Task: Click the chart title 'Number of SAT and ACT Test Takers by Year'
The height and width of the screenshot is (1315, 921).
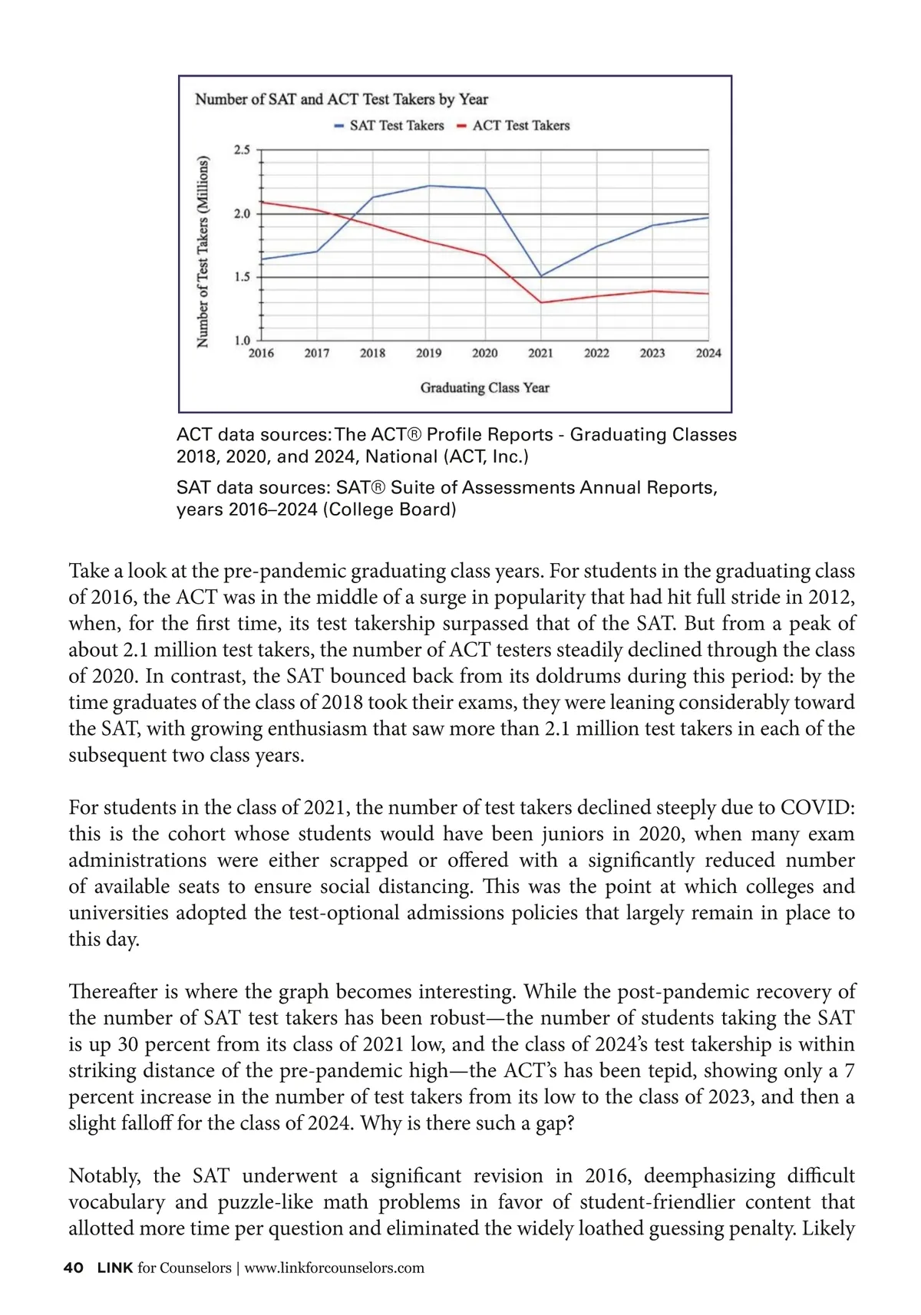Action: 342,100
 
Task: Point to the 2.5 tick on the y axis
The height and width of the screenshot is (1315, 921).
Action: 243,150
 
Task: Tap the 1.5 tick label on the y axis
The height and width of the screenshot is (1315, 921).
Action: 243,277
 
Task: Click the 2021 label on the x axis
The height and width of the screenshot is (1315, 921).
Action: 540,353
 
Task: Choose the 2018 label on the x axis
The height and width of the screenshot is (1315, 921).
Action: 373,353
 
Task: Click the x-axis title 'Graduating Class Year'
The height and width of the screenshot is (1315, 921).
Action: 484,388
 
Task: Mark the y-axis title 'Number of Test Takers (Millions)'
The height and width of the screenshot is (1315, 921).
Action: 203,252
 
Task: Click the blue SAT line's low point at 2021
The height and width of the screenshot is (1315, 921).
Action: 541,276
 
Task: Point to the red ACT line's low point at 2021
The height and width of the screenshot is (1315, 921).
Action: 541,302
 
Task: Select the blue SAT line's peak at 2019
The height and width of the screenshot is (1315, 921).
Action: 429,186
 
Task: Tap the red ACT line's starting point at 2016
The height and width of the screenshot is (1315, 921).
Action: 262,202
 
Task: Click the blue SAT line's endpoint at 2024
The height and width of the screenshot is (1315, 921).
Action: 708,218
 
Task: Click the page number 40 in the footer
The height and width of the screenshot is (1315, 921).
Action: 74,1268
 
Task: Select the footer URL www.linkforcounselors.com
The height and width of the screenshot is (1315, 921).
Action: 334,1268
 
